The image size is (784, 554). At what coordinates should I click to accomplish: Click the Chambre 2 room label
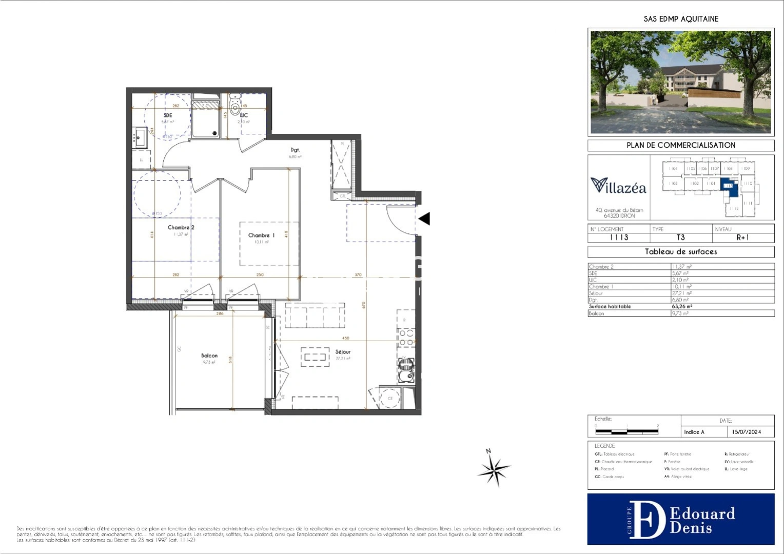[181, 227]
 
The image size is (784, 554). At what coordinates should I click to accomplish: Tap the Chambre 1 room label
[261, 235]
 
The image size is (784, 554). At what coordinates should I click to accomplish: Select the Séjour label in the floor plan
[343, 352]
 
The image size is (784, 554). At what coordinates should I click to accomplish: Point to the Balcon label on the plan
[209, 355]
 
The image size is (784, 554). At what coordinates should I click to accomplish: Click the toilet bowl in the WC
[235, 107]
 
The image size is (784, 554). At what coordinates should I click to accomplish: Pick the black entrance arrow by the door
[424, 219]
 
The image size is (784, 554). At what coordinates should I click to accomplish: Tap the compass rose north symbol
[494, 467]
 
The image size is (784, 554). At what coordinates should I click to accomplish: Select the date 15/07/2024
[747, 432]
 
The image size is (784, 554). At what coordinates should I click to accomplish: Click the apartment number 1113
[619, 238]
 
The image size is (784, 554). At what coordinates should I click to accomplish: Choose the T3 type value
[680, 238]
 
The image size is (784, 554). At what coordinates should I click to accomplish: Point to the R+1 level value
[742, 238]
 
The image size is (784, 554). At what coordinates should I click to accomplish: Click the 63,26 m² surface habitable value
[682, 306]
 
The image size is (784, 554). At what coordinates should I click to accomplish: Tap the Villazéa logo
[618, 186]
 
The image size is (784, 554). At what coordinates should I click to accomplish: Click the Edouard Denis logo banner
[680, 519]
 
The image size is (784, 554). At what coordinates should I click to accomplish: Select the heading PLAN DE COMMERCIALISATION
[680, 145]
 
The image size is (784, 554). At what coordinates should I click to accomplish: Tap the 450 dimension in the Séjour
[346, 338]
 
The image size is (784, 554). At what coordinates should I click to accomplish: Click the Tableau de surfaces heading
[680, 252]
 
